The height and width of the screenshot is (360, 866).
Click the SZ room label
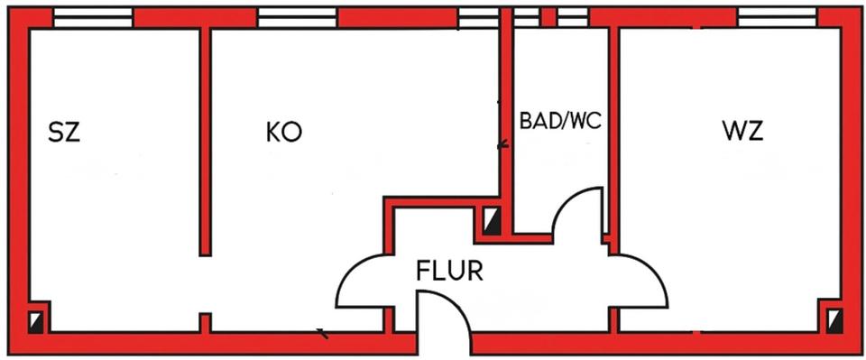coord(64,134)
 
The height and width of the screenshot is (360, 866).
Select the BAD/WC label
coord(560,120)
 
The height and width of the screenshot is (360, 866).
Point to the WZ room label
coord(742,132)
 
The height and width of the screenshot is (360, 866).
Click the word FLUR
coord(449,270)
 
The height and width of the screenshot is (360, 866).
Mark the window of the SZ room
coord(93,17)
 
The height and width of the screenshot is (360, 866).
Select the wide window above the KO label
coord(297,17)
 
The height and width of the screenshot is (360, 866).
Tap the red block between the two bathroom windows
coord(548,17)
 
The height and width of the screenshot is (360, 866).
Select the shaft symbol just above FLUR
coord(492,221)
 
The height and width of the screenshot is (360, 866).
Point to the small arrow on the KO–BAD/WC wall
coord(502,143)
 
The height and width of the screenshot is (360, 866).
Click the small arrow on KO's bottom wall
coord(322,336)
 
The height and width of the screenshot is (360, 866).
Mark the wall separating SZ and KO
coord(205,144)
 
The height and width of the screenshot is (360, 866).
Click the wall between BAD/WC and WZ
coord(613,135)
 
